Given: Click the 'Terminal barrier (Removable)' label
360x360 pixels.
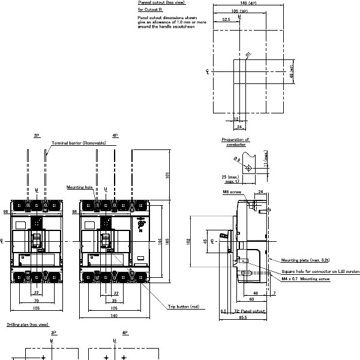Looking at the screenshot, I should [79, 143].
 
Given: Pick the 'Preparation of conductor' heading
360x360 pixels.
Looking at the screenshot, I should [236, 142].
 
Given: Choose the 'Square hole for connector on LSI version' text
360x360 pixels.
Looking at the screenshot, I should [320, 271].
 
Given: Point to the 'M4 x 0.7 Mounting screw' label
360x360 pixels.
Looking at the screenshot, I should [306, 279].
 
